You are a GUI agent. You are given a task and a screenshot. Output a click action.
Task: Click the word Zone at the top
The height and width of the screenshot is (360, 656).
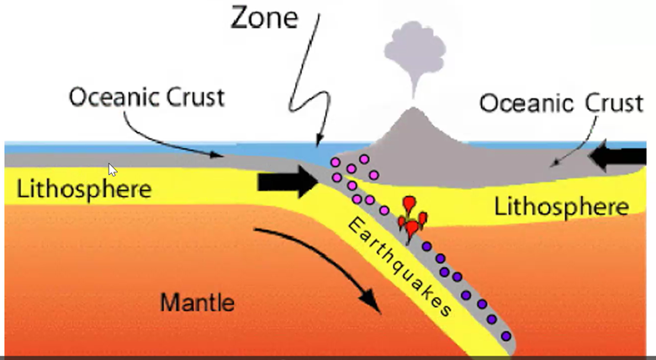264,17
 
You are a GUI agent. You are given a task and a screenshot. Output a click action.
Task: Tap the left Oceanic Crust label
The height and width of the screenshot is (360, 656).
146,98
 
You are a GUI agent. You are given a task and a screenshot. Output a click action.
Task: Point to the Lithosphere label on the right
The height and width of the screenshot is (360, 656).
561,206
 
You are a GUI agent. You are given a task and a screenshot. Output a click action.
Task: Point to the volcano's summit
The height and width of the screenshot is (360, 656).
411,110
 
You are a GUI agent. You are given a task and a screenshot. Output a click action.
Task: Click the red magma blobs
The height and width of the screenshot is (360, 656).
412,217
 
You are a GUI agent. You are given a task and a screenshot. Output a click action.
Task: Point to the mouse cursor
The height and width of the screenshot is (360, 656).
113,169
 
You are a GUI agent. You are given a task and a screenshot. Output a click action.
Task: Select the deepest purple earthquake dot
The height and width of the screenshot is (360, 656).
505,336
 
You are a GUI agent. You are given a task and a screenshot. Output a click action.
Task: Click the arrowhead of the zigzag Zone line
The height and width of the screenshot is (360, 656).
318,142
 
